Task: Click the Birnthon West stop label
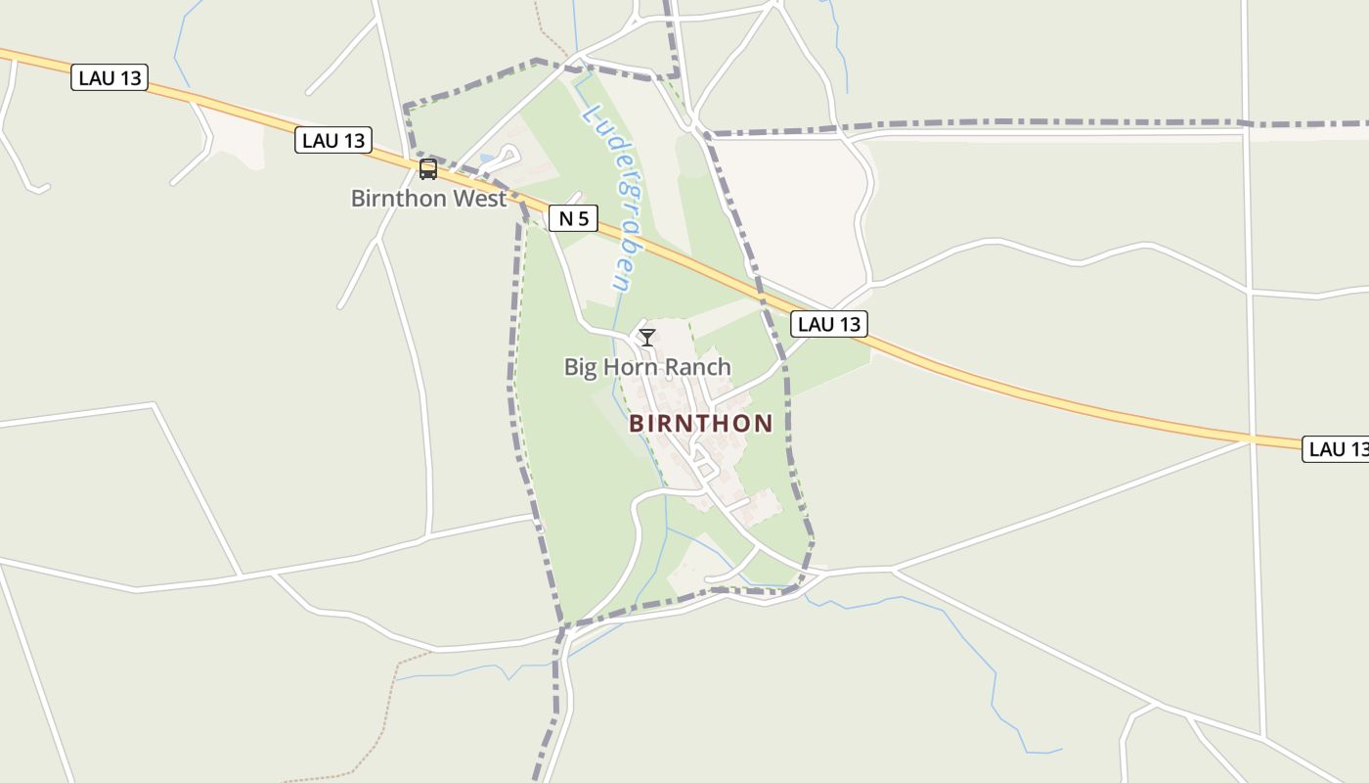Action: coord(428,199)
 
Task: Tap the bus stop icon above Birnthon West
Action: coord(428,169)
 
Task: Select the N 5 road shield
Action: coord(573,218)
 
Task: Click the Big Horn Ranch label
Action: coord(647,367)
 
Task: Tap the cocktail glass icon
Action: coord(647,338)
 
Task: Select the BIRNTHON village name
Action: coord(700,424)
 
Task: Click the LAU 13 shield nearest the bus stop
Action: coord(333,141)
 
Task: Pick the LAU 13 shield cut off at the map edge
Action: coord(1337,449)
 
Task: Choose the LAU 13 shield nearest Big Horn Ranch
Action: coord(830,324)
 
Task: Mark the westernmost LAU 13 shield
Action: coord(110,78)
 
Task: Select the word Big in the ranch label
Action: coord(580,367)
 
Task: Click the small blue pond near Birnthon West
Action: coord(486,159)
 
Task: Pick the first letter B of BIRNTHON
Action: coord(637,424)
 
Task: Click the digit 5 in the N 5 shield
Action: coord(584,218)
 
